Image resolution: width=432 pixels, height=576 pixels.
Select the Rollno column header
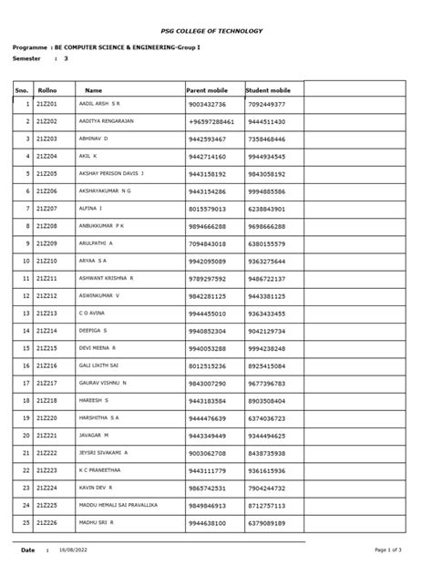(46, 90)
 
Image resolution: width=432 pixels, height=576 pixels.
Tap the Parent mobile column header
(208, 90)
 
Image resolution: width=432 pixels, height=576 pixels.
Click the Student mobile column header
(268, 90)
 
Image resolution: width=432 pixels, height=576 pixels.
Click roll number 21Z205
(46, 173)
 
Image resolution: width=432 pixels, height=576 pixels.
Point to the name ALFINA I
(90, 209)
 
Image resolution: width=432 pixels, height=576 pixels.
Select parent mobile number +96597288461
(212, 121)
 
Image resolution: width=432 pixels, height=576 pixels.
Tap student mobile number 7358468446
(266, 139)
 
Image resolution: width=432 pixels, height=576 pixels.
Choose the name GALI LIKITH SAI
(98, 365)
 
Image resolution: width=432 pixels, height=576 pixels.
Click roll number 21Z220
(46, 418)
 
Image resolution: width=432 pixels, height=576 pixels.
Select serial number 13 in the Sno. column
(26, 314)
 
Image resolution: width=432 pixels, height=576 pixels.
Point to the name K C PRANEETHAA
(99, 470)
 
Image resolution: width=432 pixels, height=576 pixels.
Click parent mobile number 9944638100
(208, 523)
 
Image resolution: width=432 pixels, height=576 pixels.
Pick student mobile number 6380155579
(266, 243)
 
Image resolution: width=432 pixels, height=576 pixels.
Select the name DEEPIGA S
(93, 331)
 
